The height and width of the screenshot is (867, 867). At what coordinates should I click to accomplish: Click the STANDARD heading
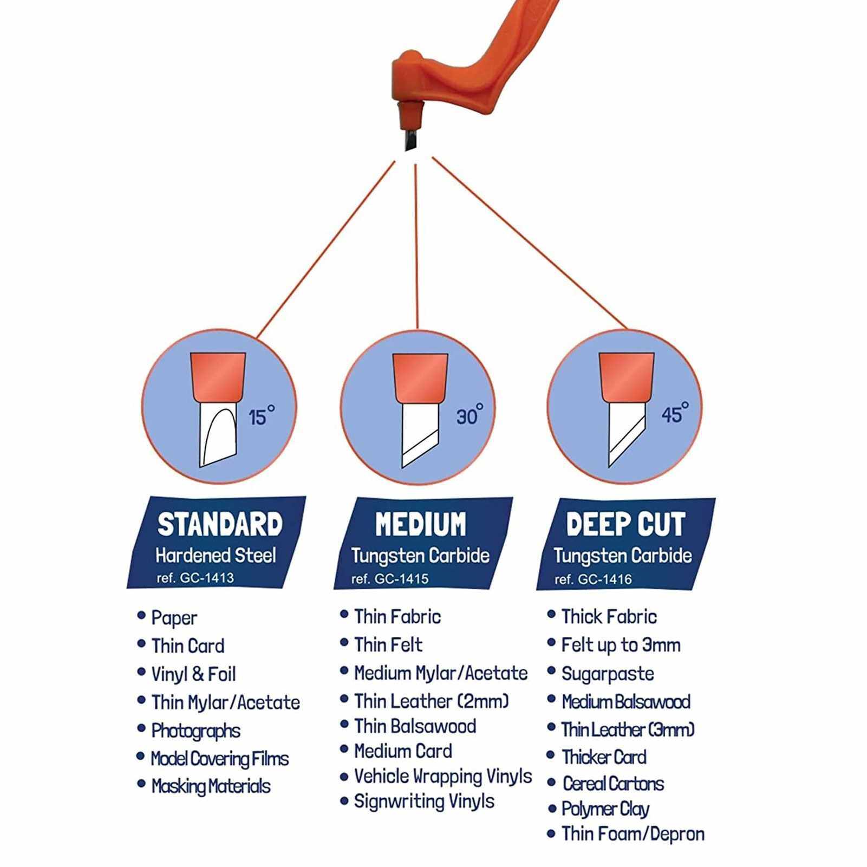[220, 524]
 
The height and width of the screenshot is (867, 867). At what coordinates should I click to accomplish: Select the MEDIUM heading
[421, 524]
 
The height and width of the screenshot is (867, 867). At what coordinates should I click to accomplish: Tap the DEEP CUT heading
[625, 524]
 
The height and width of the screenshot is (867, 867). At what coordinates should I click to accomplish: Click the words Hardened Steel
[216, 556]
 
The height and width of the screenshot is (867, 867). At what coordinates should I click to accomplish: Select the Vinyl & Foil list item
[193, 674]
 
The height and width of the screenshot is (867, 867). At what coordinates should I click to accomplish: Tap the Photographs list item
[195, 731]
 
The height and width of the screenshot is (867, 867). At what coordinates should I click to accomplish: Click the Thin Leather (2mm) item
[432, 701]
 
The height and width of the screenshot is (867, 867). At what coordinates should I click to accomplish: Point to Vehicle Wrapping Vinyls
[444, 777]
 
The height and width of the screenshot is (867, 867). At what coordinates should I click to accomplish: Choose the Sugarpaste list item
[608, 674]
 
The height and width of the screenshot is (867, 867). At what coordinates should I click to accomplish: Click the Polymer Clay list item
[605, 809]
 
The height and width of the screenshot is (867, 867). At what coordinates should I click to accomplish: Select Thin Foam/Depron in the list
[633, 834]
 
